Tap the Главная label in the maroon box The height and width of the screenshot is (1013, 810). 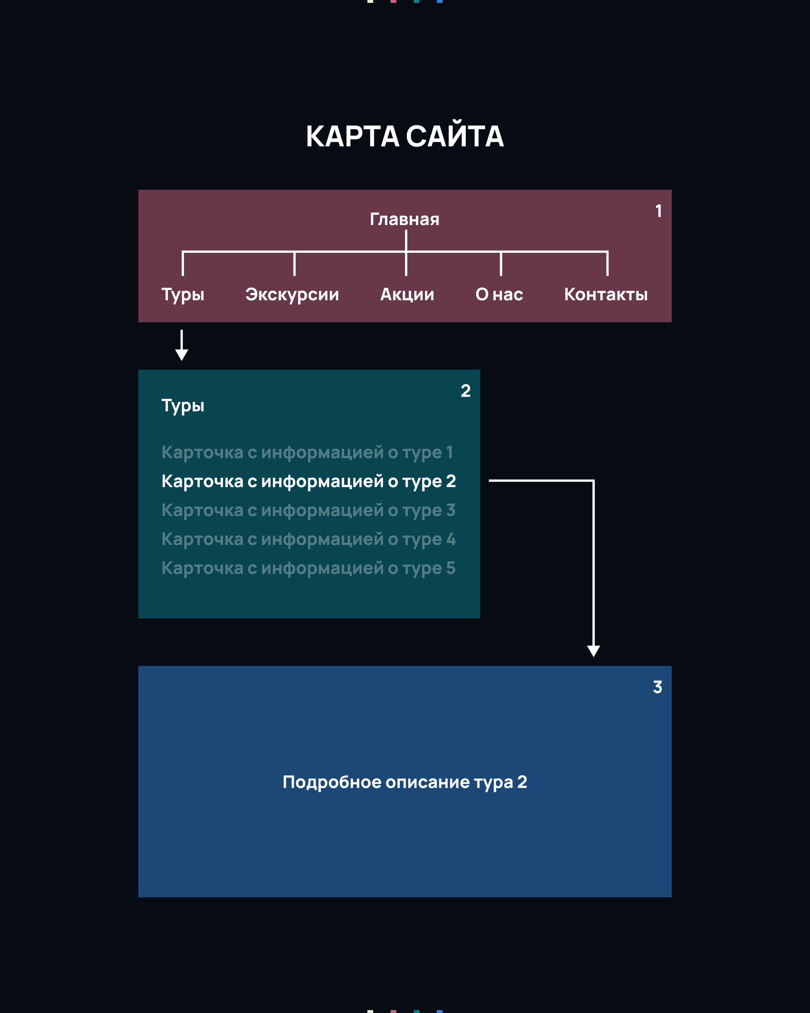pyautogui.click(x=404, y=219)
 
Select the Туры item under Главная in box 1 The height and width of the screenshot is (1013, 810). pyautogui.click(x=183, y=295)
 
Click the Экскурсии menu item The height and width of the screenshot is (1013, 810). pyautogui.click(x=292, y=295)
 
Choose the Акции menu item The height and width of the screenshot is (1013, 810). pyautogui.click(x=407, y=295)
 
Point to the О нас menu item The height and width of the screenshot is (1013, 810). pyautogui.click(x=499, y=295)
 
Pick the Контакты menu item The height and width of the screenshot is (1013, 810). pyautogui.click(x=606, y=295)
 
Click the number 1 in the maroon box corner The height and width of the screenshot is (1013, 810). pyautogui.click(x=659, y=211)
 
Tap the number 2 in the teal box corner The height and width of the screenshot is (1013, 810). pyautogui.click(x=465, y=391)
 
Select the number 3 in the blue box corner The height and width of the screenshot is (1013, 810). pyautogui.click(x=657, y=687)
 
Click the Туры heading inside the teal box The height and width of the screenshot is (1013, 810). pyautogui.click(x=183, y=406)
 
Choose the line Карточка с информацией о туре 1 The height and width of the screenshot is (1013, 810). pyautogui.click(x=307, y=453)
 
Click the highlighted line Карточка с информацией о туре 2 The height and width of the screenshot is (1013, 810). pyautogui.click(x=309, y=481)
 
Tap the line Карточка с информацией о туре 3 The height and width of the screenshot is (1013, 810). pyautogui.click(x=309, y=510)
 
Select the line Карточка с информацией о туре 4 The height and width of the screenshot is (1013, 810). pyautogui.click(x=309, y=539)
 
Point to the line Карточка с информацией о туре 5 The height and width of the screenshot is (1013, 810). pyautogui.click(x=309, y=568)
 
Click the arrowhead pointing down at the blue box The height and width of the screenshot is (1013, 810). pyautogui.click(x=593, y=651)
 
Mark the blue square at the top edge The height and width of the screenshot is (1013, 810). pyautogui.click(x=439, y=2)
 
